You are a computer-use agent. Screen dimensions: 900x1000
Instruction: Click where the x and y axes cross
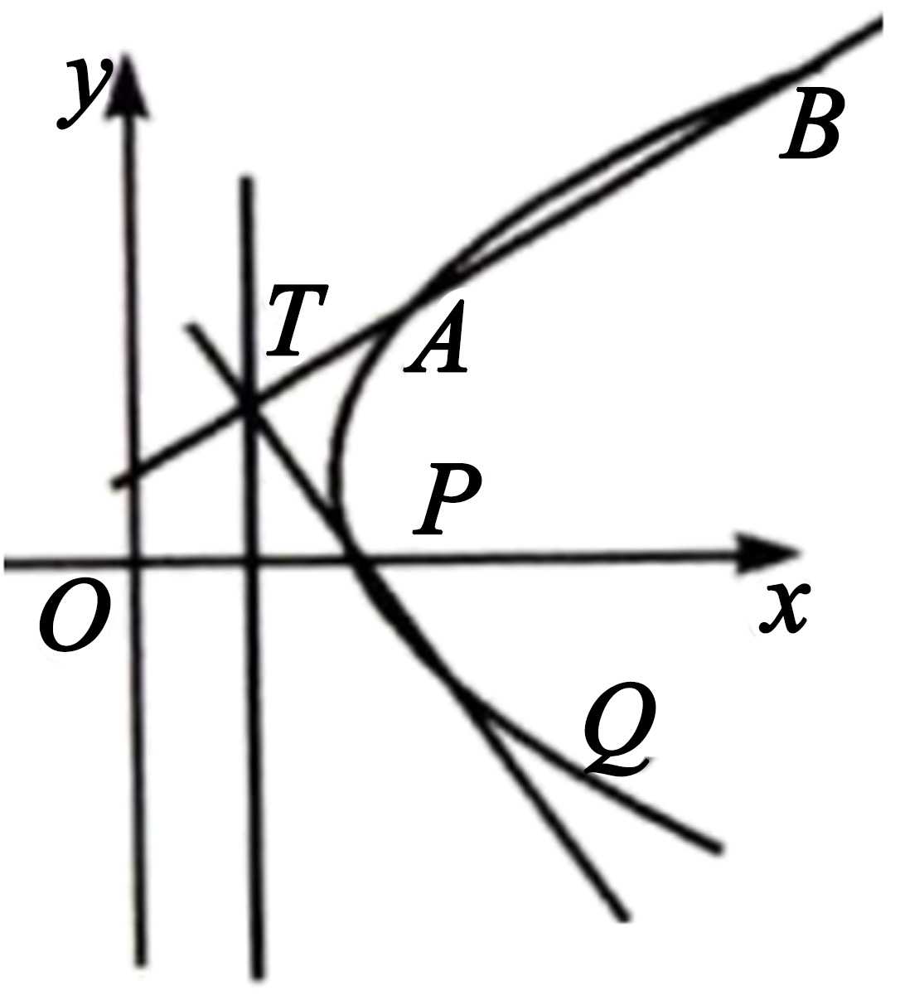134,563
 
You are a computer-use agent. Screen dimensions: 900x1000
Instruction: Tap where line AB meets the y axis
130,475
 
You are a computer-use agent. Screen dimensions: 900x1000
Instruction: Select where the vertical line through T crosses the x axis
253,562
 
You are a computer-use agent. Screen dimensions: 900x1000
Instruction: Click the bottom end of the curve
719,848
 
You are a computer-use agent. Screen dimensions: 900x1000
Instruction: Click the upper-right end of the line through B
880,23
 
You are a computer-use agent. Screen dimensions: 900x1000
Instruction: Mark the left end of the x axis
7,565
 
